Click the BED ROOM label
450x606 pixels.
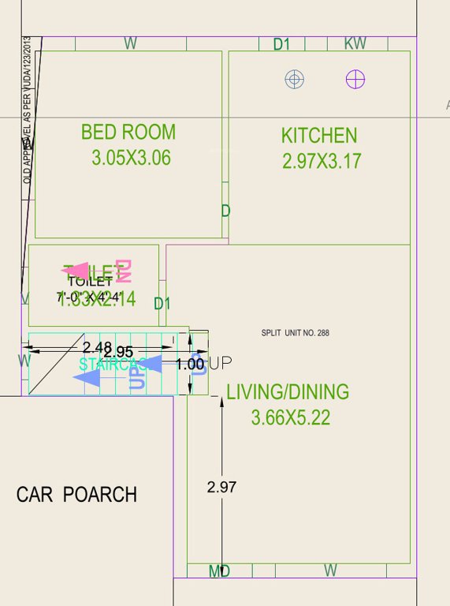[x=128, y=132]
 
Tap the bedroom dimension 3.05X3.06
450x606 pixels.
[x=131, y=158]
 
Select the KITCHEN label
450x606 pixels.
[x=319, y=136]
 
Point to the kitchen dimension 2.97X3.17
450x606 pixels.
[x=322, y=162]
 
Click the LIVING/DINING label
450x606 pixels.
[x=288, y=392]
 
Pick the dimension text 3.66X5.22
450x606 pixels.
[x=291, y=418]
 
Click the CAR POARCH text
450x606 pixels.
[x=76, y=495]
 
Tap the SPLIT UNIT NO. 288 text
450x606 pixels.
[x=296, y=333]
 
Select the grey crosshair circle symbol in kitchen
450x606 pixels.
[x=295, y=79]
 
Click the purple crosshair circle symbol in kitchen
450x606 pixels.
[x=355, y=79]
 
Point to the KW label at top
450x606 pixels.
[x=355, y=44]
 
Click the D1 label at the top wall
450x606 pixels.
[x=281, y=45]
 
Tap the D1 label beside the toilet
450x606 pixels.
[x=162, y=304]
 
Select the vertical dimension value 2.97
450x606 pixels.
[x=221, y=488]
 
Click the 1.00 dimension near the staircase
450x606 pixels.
[x=190, y=364]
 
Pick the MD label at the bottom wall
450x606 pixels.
[x=219, y=571]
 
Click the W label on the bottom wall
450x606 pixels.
[x=330, y=570]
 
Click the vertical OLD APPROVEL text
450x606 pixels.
[x=28, y=110]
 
